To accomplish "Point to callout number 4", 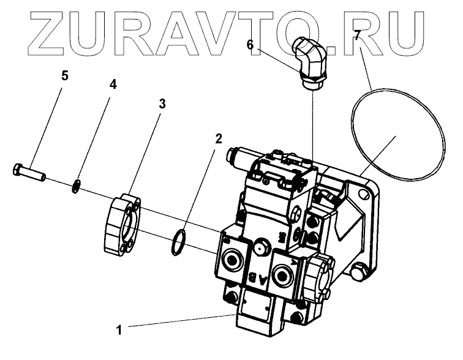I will pyautogui.click(x=113, y=84).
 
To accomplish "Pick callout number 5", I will pyautogui.click(x=65, y=76).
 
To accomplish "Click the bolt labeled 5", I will pyautogui.click(x=29, y=171).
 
